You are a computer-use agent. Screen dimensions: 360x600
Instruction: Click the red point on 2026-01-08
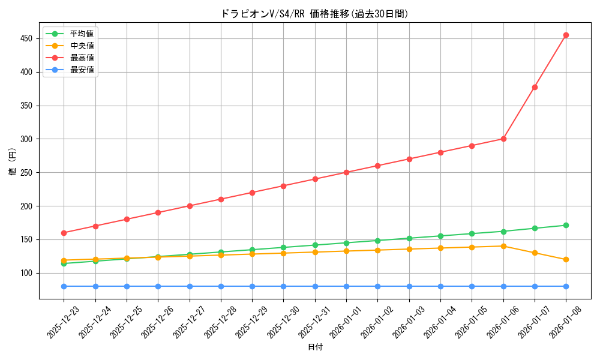(566, 35)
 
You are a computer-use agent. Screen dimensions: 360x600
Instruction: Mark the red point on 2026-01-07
(535, 87)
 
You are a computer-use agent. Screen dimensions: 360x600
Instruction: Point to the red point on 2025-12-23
(64, 233)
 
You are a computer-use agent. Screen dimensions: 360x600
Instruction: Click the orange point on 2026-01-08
(566, 259)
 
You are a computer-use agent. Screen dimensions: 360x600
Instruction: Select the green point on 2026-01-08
(566, 225)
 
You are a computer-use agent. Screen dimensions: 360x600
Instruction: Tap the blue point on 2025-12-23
(64, 286)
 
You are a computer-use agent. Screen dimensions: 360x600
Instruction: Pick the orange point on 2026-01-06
(503, 246)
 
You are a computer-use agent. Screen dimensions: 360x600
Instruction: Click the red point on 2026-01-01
(346, 172)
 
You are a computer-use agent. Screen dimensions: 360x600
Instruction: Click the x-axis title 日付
(315, 347)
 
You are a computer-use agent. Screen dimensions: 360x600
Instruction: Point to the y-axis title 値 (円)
(13, 162)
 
